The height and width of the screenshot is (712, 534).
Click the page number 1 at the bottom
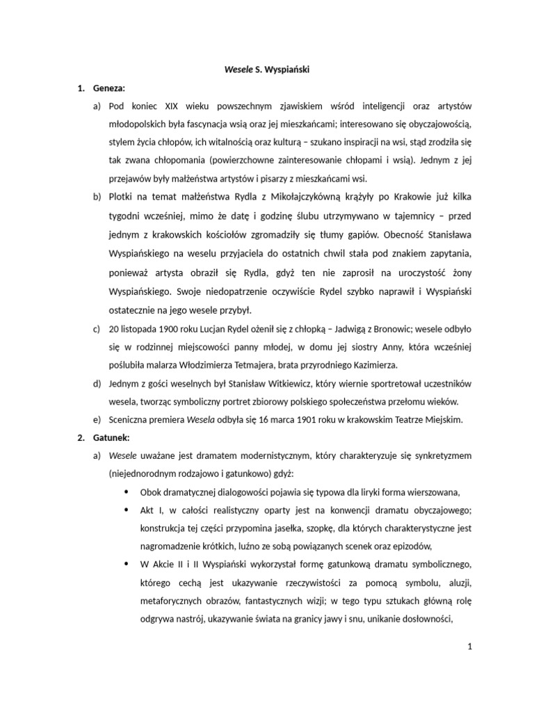coord(470,647)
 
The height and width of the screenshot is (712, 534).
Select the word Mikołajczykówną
coord(294,196)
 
